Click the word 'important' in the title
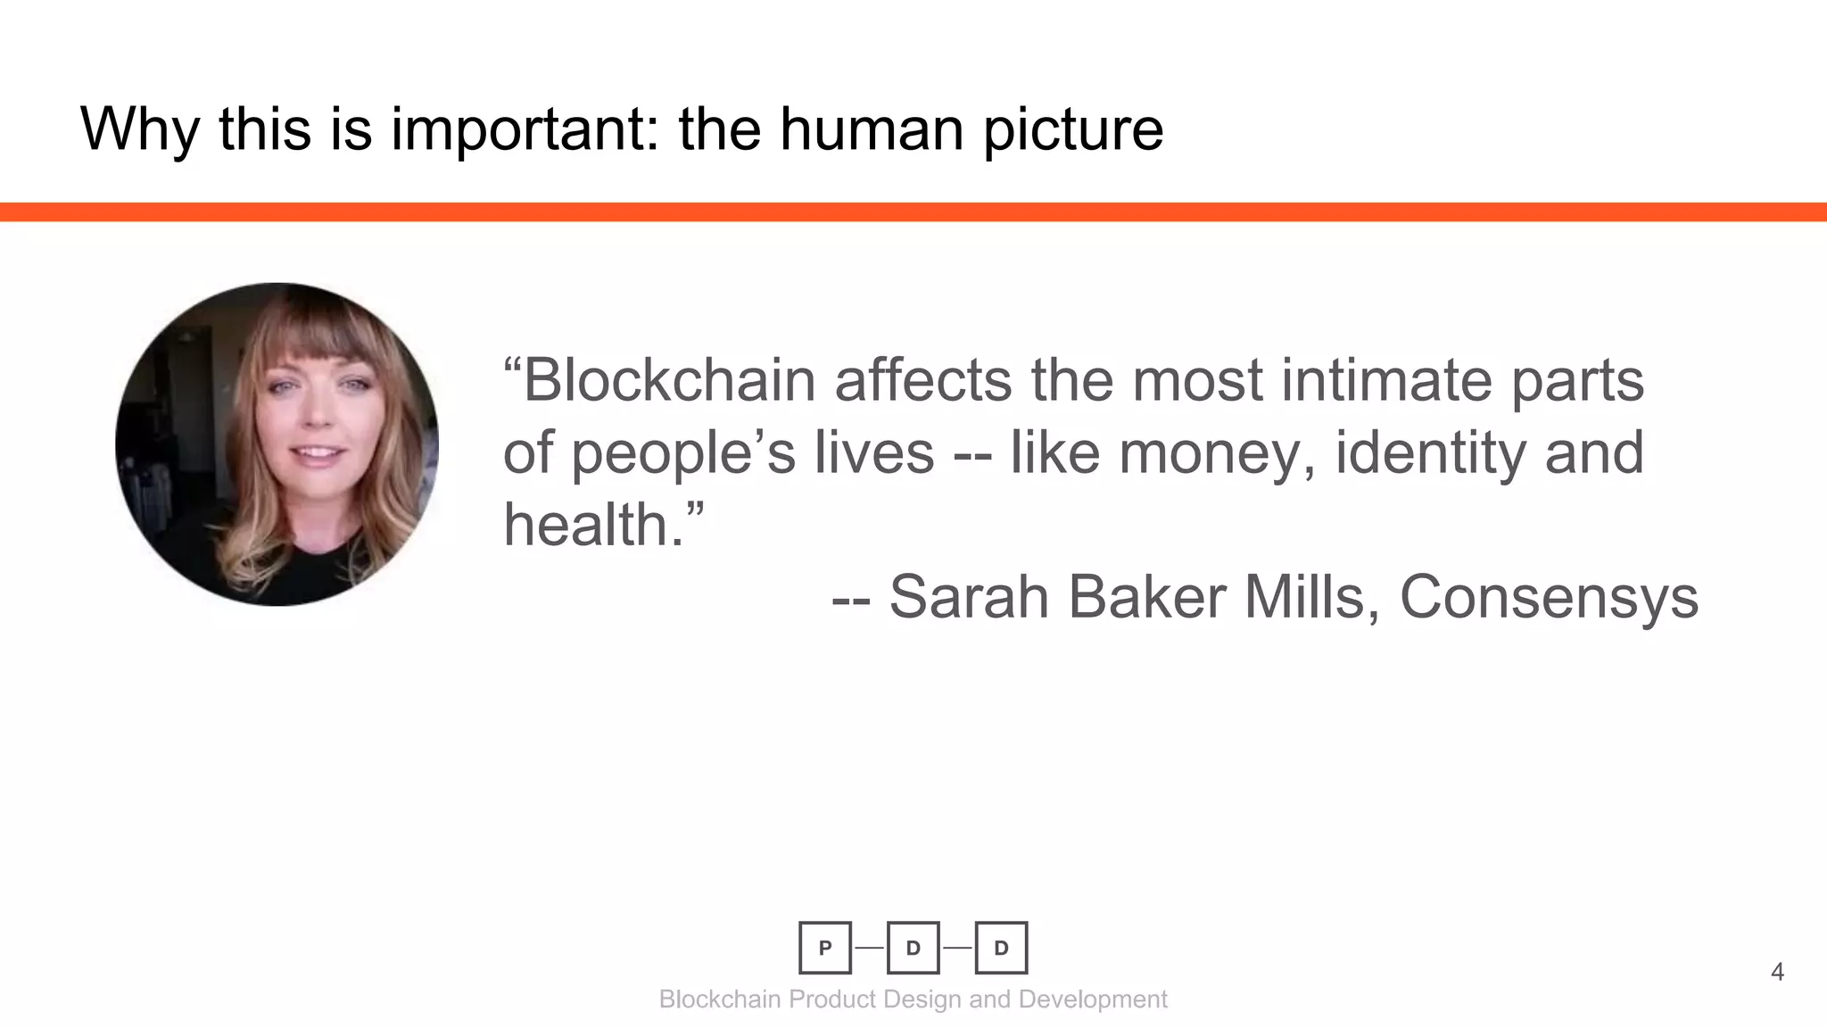[x=524, y=129]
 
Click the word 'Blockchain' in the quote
[x=669, y=381]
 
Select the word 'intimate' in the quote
[x=1386, y=381]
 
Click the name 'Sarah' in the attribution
[x=968, y=597]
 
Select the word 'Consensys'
[x=1549, y=597]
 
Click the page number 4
[x=1777, y=972]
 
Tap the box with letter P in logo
[x=825, y=948]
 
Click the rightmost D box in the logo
[x=1001, y=948]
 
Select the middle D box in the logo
[x=913, y=948]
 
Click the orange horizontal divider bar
[x=913, y=211]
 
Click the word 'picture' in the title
[x=1073, y=129]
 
